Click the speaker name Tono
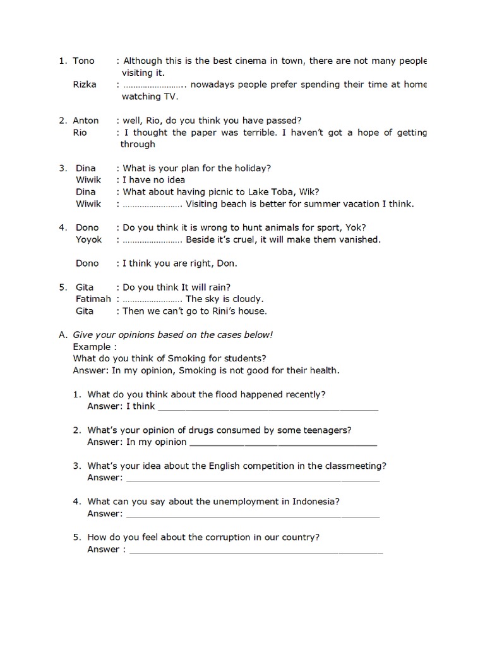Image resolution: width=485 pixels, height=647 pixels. pos(83,61)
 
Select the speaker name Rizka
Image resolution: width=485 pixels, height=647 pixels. pos(85,85)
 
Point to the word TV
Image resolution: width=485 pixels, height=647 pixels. pos(171,97)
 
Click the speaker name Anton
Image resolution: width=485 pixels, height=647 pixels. pos(86,120)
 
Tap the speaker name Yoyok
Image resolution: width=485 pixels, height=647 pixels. pos(88,239)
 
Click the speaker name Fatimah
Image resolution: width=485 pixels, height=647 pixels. pos(93,299)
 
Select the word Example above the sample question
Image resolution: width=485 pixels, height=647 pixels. pos(92,347)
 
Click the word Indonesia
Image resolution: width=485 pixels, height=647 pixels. pos(315,502)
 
